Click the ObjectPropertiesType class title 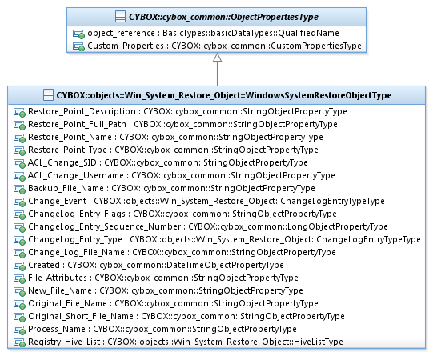pyautogui.click(x=223, y=17)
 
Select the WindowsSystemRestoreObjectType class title pyautogui.click(x=224, y=95)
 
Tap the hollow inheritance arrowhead pyautogui.click(x=217, y=57)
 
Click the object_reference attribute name pyautogui.click(x=121, y=33)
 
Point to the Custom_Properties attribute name pyautogui.click(x=126, y=46)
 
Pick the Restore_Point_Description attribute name pyautogui.click(x=82, y=111)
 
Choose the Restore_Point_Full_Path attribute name pyautogui.click(x=77, y=124)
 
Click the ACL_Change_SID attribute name pyautogui.click(x=62, y=162)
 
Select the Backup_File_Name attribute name pyautogui.click(x=66, y=188)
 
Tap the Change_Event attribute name pyautogui.click(x=57, y=201)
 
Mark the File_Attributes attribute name pyautogui.click(x=58, y=278)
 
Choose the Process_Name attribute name pyautogui.click(x=57, y=330)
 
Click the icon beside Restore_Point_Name pyautogui.click(x=19, y=138)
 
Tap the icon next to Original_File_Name pyautogui.click(x=19, y=304)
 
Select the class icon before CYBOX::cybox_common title pyautogui.click(x=120, y=17)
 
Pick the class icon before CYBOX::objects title pyautogui.click(x=48, y=95)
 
